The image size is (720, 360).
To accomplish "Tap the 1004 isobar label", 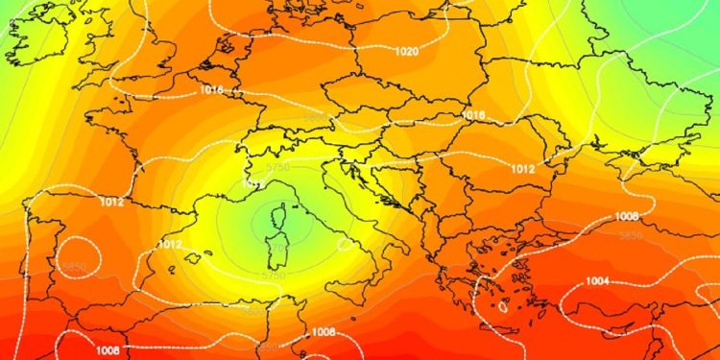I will click(598, 280).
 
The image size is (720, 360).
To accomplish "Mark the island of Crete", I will click(503, 311).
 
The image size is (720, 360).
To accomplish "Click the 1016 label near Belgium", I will click(212, 89).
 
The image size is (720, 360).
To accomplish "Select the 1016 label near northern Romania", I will click(473, 115).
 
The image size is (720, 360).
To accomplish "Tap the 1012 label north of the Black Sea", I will click(549, 169).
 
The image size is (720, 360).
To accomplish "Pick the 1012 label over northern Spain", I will click(110, 203).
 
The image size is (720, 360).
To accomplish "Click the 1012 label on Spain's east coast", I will click(169, 245).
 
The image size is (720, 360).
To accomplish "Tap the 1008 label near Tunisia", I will click(324, 332).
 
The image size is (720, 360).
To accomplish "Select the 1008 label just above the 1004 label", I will click(626, 216).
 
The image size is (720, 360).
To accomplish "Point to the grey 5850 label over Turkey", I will click(630, 235).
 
